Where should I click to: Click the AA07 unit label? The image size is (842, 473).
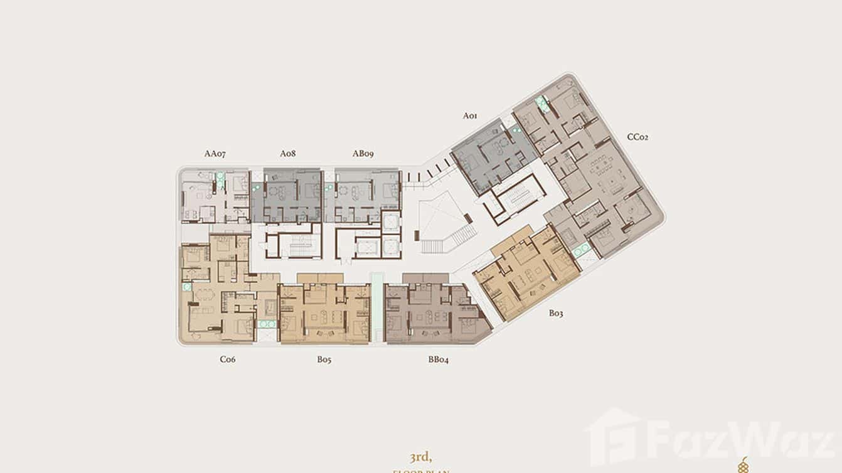[x=215, y=154]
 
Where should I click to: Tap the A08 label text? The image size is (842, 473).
[x=288, y=154]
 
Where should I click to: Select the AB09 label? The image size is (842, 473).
[x=363, y=154]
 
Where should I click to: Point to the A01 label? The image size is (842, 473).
[x=471, y=115]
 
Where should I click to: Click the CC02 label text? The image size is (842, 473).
[x=637, y=137]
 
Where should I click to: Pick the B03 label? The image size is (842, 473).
[x=556, y=313]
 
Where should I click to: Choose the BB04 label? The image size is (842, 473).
[x=439, y=359]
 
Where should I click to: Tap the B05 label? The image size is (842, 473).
[x=324, y=359]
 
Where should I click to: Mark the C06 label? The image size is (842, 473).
[x=227, y=359]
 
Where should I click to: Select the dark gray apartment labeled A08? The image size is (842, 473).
[x=287, y=195]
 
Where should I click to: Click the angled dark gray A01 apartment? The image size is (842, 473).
[x=493, y=156]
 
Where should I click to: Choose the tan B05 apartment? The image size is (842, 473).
[x=324, y=314]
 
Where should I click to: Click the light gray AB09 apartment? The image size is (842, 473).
[x=362, y=195]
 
